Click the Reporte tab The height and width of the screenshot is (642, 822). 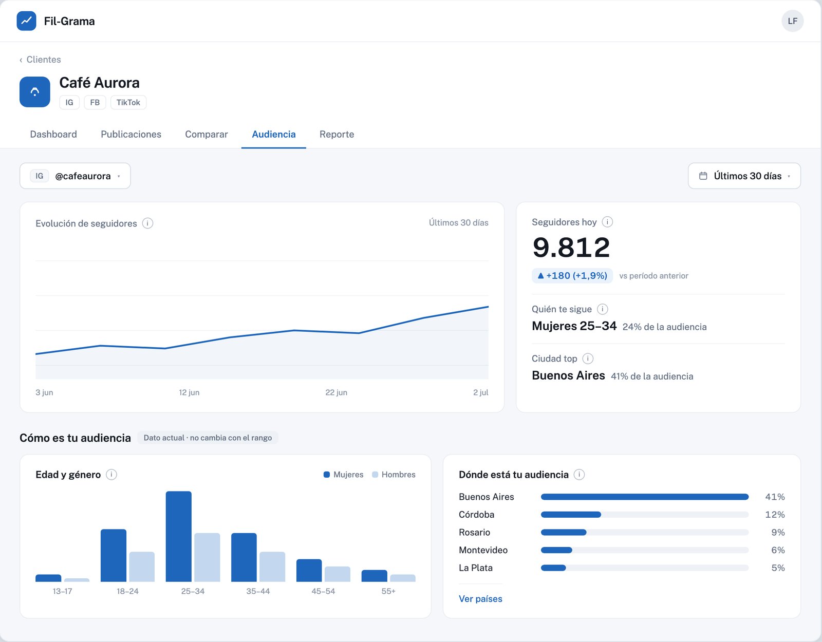[337, 134]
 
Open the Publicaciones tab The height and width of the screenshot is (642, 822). [131, 134]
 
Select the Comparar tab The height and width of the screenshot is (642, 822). [206, 134]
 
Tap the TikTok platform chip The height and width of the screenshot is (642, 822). [128, 102]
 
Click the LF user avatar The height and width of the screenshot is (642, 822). [793, 21]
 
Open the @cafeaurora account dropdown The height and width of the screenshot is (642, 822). [76, 176]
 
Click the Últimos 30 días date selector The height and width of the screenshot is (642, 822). [744, 176]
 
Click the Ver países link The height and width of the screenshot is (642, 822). [480, 599]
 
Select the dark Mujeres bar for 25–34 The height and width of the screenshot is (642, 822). [179, 536]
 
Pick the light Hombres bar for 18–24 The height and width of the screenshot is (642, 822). [142, 567]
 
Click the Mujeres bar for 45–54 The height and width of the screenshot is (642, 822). [309, 570]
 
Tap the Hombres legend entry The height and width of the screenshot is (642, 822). [394, 475]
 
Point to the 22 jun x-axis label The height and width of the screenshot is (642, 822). [337, 392]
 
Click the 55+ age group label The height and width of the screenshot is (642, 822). [388, 591]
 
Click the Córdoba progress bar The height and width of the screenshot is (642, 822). [645, 515]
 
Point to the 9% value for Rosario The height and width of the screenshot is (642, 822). [778, 533]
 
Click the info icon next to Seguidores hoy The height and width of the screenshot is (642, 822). [608, 222]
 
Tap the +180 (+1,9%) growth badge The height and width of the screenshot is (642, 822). [572, 276]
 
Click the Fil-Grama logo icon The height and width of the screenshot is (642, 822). [27, 21]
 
